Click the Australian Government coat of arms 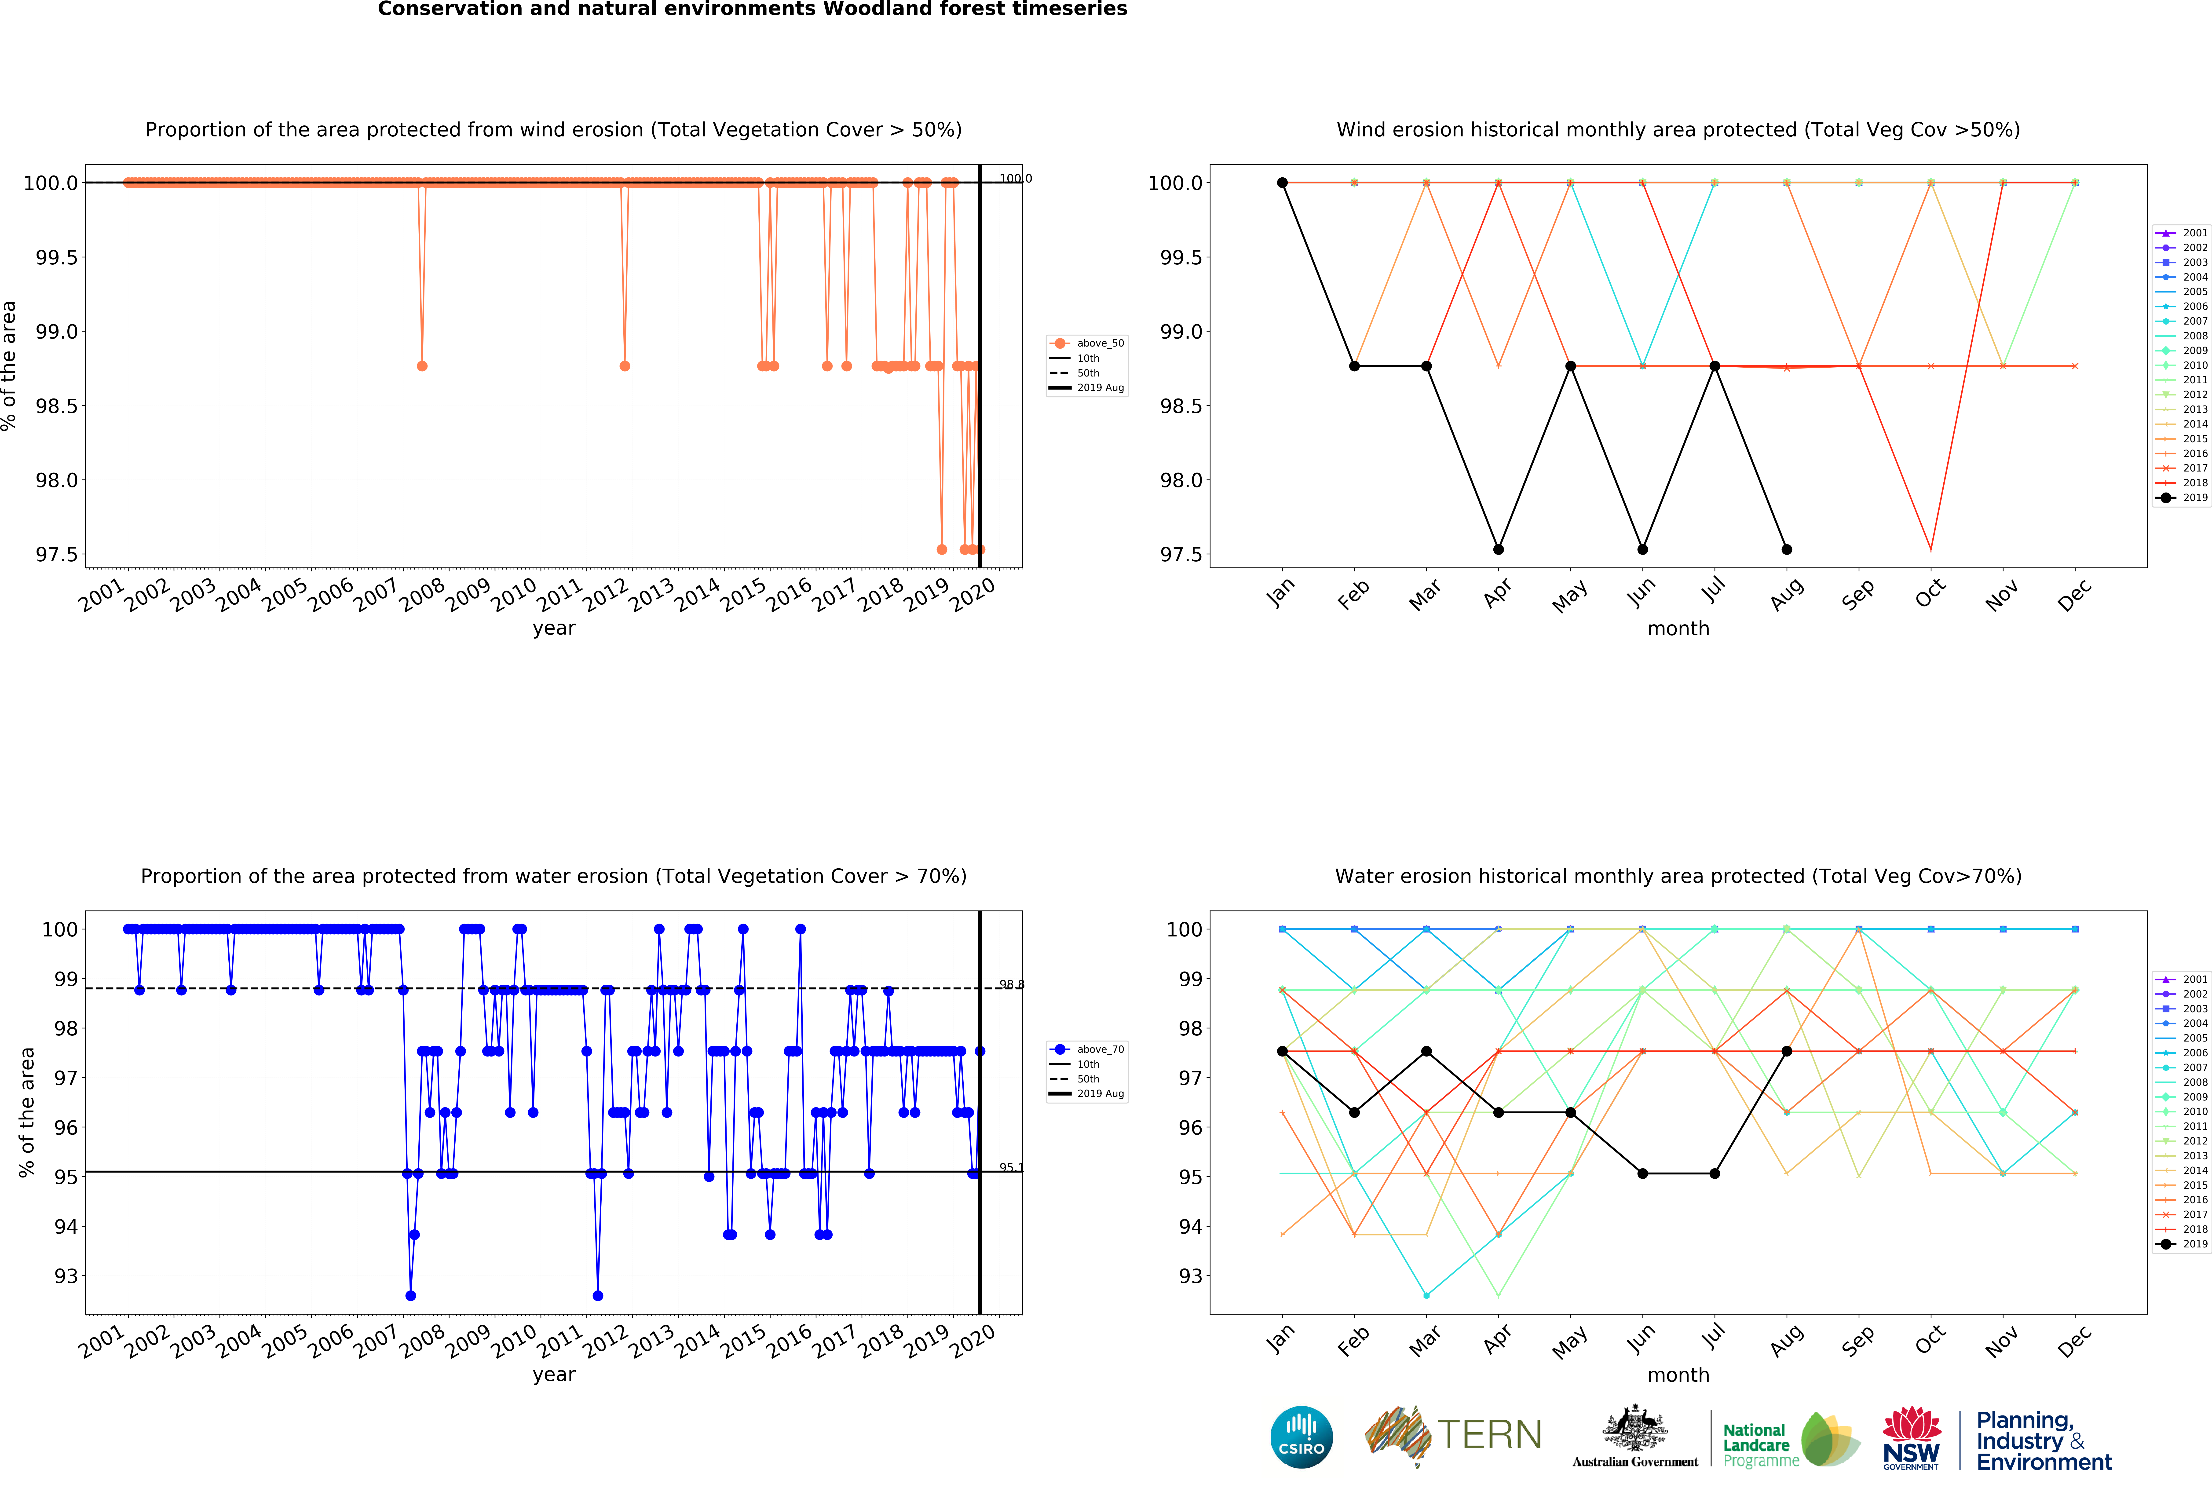point(1634,1427)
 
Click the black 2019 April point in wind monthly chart point(1498,549)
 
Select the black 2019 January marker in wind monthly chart point(1282,183)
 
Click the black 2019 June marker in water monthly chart point(1642,1173)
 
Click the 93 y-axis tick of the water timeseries point(66,1276)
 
